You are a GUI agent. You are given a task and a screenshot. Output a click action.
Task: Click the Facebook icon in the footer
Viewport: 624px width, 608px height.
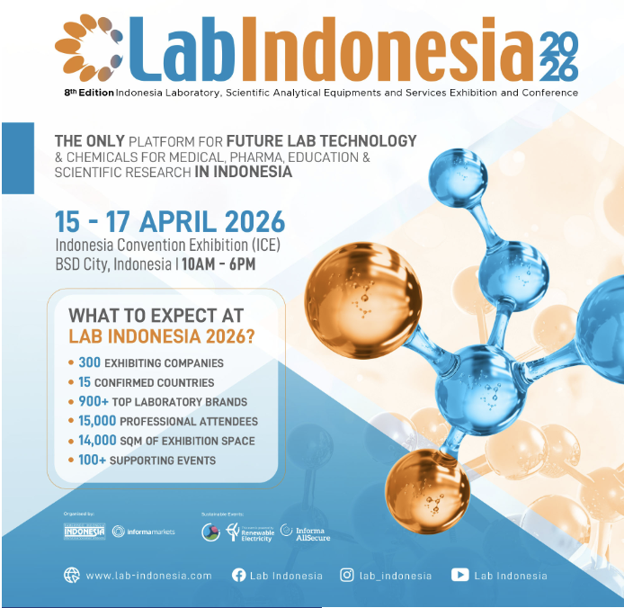(x=239, y=576)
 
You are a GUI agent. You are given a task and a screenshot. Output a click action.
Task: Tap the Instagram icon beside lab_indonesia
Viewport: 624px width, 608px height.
(x=347, y=576)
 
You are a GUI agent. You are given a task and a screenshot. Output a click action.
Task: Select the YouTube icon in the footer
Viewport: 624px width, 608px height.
(x=459, y=576)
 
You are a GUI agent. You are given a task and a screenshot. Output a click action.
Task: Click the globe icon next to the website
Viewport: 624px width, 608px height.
(x=72, y=576)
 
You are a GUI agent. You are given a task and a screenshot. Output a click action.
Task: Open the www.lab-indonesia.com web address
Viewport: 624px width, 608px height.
(x=148, y=576)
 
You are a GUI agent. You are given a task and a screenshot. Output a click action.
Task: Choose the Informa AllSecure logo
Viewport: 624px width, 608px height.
(x=303, y=532)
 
